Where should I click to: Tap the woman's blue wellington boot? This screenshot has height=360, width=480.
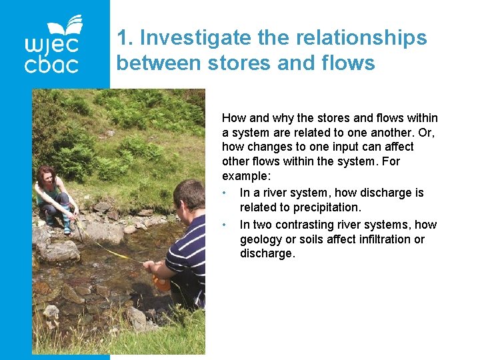(x=67, y=226)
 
